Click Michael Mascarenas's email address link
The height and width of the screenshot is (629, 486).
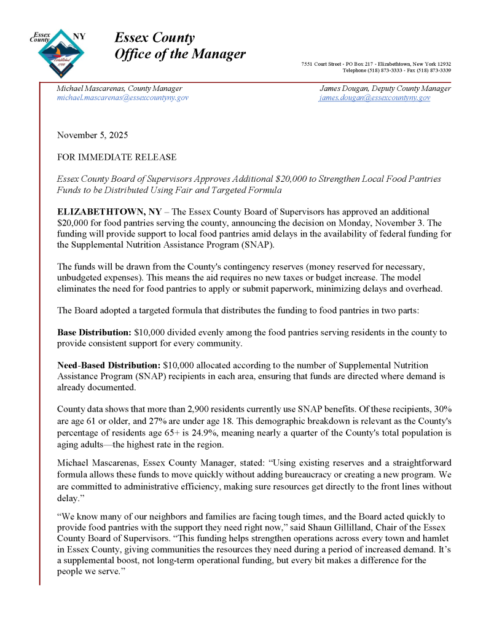point(122,98)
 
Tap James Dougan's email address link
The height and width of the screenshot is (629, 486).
point(375,98)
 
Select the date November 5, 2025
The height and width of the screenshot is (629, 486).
point(92,135)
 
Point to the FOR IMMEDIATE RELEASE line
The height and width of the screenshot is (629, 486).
point(116,157)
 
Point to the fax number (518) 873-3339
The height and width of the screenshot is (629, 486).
point(433,70)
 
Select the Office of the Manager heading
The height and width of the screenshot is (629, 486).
point(180,54)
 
